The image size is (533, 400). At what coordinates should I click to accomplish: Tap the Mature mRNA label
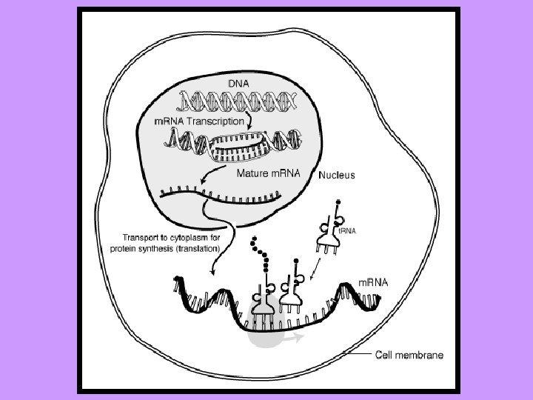(x=267, y=175)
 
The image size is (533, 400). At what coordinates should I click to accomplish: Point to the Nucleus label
(x=337, y=176)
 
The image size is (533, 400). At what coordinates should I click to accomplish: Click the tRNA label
(x=347, y=230)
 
